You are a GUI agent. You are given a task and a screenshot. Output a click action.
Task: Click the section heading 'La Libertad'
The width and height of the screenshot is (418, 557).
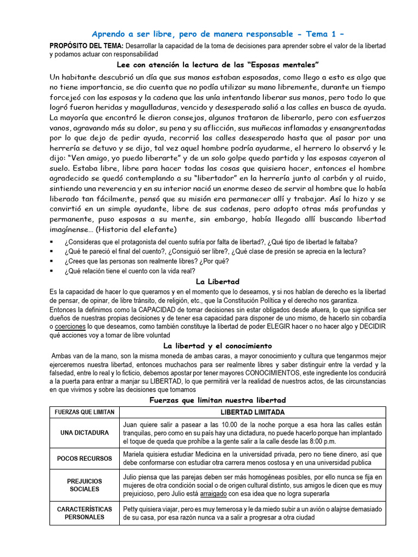pos(217,281)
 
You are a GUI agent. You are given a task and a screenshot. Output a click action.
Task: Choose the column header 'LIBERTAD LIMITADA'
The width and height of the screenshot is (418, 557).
pos(252,412)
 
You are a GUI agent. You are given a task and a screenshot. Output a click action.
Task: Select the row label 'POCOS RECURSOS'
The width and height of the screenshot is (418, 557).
pos(84,458)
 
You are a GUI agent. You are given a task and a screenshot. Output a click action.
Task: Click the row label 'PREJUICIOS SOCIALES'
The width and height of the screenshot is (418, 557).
pos(84,485)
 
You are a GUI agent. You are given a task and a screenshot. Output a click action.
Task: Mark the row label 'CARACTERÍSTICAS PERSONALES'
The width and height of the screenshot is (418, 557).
pos(84,513)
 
